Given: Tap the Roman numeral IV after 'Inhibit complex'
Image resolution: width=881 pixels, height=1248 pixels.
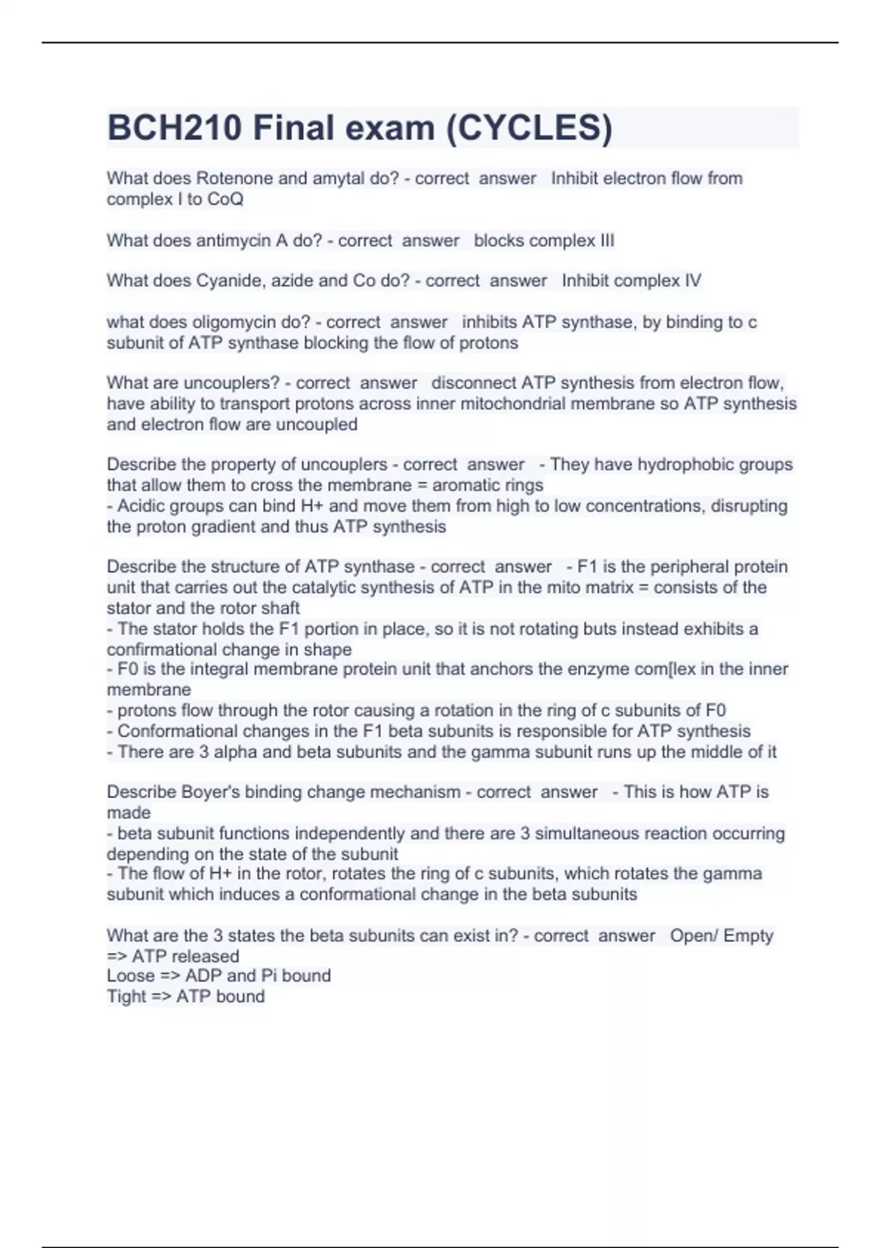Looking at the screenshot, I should tap(692, 280).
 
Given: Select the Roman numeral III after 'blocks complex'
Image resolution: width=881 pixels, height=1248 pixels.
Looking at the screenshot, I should tap(606, 241).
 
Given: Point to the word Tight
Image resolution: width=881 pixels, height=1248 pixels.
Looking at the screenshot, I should tap(126, 996).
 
